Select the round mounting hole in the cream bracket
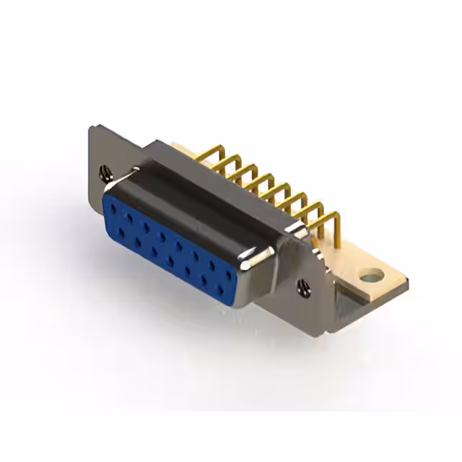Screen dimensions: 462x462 click(371, 275)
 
